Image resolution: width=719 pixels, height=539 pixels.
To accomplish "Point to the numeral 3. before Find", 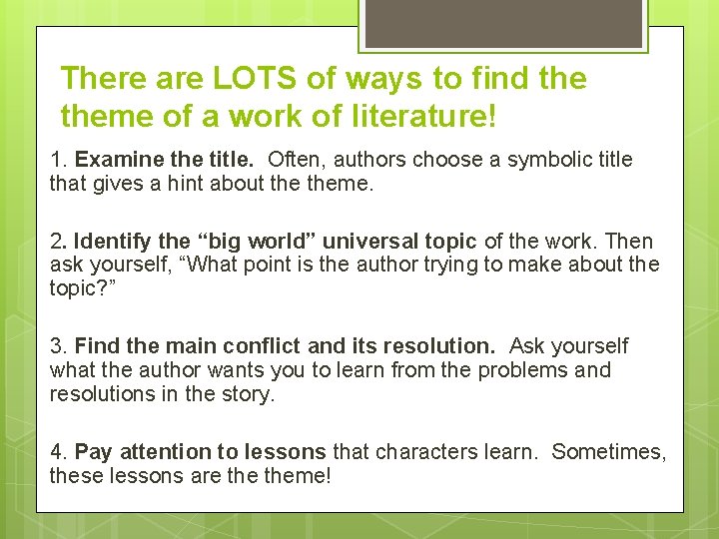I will [x=59, y=346].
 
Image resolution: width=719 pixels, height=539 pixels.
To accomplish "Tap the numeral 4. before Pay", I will [x=59, y=452].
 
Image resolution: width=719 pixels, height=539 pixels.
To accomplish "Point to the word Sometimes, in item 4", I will [x=608, y=452].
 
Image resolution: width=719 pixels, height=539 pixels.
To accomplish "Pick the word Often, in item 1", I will [x=298, y=160].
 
